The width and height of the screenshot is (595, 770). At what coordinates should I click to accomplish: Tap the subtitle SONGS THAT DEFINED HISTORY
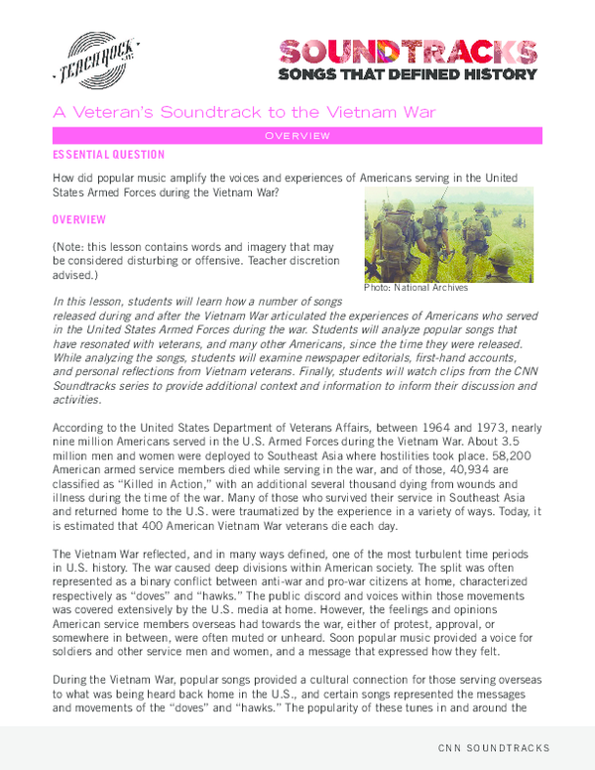click(x=408, y=74)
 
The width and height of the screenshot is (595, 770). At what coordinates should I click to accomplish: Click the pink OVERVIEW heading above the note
click(x=81, y=218)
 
